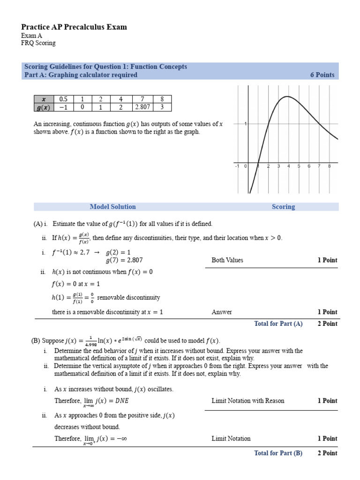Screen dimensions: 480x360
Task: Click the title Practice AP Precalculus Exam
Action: pyautogui.click(x=74, y=27)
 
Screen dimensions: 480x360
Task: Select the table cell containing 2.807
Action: pyautogui.click(x=142, y=107)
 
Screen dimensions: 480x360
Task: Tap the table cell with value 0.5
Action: pyautogui.click(x=63, y=99)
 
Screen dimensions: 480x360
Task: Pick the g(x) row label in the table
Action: pyautogui.click(x=44, y=107)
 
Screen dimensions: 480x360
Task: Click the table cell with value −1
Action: pyautogui.click(x=63, y=107)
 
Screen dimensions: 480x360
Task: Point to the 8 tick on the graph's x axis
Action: pyautogui.click(x=330, y=166)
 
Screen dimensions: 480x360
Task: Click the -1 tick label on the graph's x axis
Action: pyautogui.click(x=237, y=166)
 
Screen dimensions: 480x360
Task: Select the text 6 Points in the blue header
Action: pyautogui.click(x=322, y=75)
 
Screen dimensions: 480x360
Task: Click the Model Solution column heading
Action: pyautogui.click(x=112, y=207)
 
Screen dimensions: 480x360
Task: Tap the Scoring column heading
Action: pyautogui.click(x=283, y=207)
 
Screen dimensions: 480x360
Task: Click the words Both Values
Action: pyautogui.click(x=227, y=260)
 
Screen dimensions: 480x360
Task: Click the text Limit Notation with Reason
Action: pyautogui.click(x=247, y=401)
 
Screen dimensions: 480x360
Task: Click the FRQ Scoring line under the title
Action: pyautogui.click(x=38, y=43)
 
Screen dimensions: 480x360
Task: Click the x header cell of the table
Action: pyautogui.click(x=44, y=99)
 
